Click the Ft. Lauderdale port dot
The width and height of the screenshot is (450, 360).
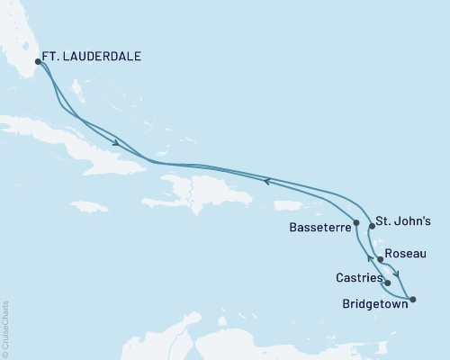pos(38,62)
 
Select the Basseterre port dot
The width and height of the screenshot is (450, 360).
pos(357,222)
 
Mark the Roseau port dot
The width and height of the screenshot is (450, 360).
pos(380,260)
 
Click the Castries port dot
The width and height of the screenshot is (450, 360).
pos(387,283)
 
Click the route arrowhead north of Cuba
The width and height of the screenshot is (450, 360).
pos(117,143)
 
